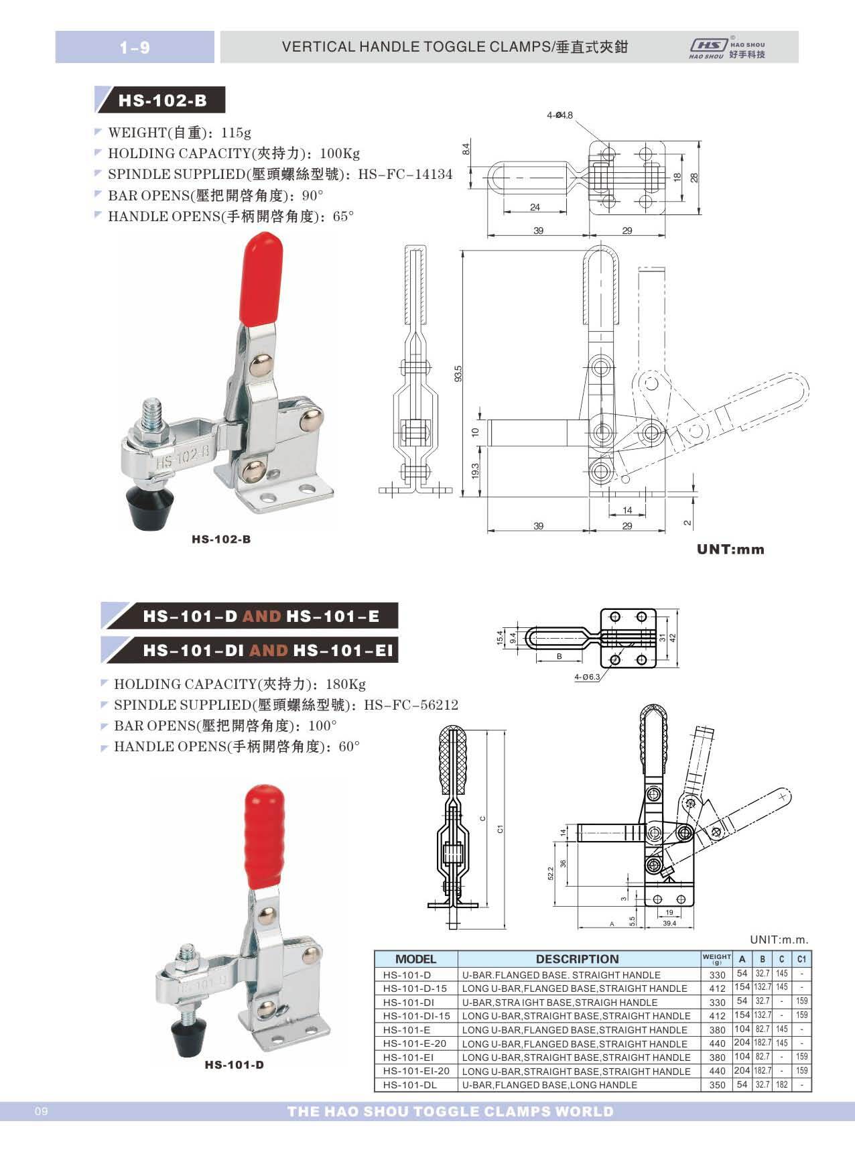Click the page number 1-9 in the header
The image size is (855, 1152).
[x=135, y=48]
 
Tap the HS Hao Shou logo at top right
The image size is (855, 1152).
[x=726, y=48]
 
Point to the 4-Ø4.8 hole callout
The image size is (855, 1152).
[x=560, y=115]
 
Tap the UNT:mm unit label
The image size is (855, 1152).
[x=730, y=550]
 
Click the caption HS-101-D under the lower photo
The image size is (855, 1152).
[x=234, y=1065]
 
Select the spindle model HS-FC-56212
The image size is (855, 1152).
[x=411, y=705]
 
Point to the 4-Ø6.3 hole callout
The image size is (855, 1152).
[x=587, y=678]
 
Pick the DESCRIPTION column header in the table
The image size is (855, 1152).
[x=577, y=959]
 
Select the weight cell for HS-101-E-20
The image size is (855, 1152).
[x=717, y=1043]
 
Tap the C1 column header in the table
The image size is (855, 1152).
[x=801, y=959]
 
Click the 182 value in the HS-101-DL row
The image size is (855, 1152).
[x=781, y=1084]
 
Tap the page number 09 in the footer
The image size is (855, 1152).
[x=40, y=1112]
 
